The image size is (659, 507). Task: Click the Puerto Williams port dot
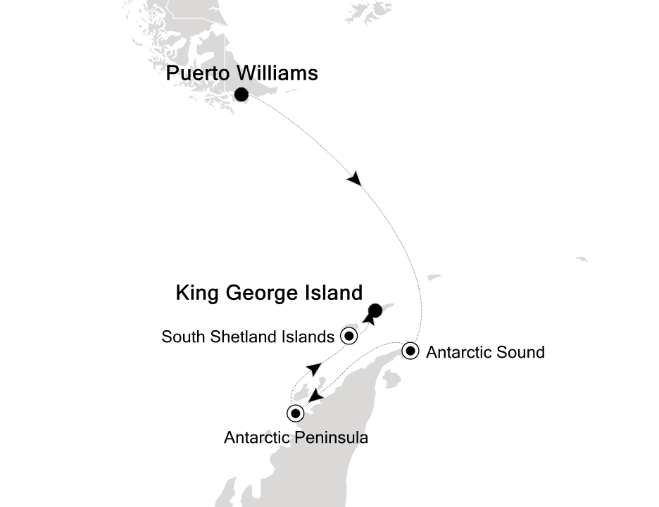coord(241,94)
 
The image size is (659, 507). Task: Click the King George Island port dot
coord(375,309)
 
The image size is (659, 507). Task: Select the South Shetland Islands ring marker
coord(349,336)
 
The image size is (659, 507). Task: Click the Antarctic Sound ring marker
coord(411,350)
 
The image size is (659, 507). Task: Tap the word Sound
coord(518,351)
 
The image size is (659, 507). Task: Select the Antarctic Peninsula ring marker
coord(296,413)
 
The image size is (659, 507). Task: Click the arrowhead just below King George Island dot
coord(368,320)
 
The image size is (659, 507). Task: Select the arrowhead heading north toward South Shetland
coord(314,368)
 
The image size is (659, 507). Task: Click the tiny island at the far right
coord(582,259)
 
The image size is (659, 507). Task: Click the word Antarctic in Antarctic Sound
coord(458,351)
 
